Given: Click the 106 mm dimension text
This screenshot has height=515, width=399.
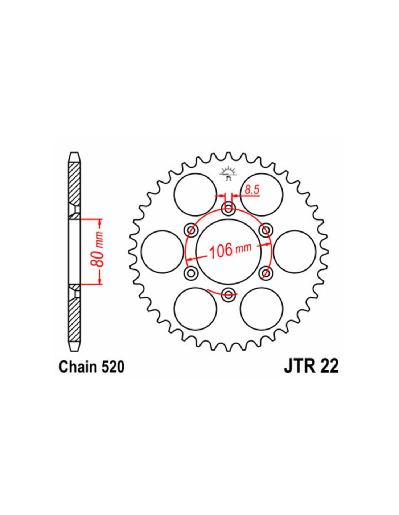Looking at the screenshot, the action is (x=230, y=250).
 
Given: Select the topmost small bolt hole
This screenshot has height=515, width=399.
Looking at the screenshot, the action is (x=229, y=209).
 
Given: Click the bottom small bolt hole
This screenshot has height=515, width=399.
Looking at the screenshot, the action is (x=229, y=294).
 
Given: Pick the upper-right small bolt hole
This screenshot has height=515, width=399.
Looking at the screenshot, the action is (x=266, y=230).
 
